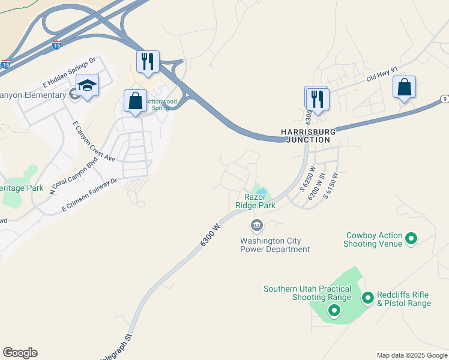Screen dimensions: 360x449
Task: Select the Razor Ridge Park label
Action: click(x=260, y=201)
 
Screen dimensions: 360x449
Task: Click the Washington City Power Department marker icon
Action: click(x=256, y=226)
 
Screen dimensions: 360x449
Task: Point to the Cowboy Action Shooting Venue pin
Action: click(x=411, y=239)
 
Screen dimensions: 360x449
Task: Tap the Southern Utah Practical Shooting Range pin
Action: click(x=334, y=310)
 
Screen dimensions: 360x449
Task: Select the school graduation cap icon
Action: click(x=88, y=86)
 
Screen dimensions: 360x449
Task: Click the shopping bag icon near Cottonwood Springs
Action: click(x=135, y=100)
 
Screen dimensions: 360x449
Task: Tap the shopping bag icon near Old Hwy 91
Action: click(x=405, y=86)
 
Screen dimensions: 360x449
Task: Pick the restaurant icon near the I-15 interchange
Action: click(x=148, y=61)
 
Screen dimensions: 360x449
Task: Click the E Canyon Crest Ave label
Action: click(x=93, y=141)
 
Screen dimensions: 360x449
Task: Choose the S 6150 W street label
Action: click(x=331, y=185)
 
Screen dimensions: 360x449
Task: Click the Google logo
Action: click(x=20, y=353)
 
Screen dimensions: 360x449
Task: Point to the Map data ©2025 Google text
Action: click(x=411, y=355)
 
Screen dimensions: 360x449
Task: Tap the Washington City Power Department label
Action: click(x=275, y=245)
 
